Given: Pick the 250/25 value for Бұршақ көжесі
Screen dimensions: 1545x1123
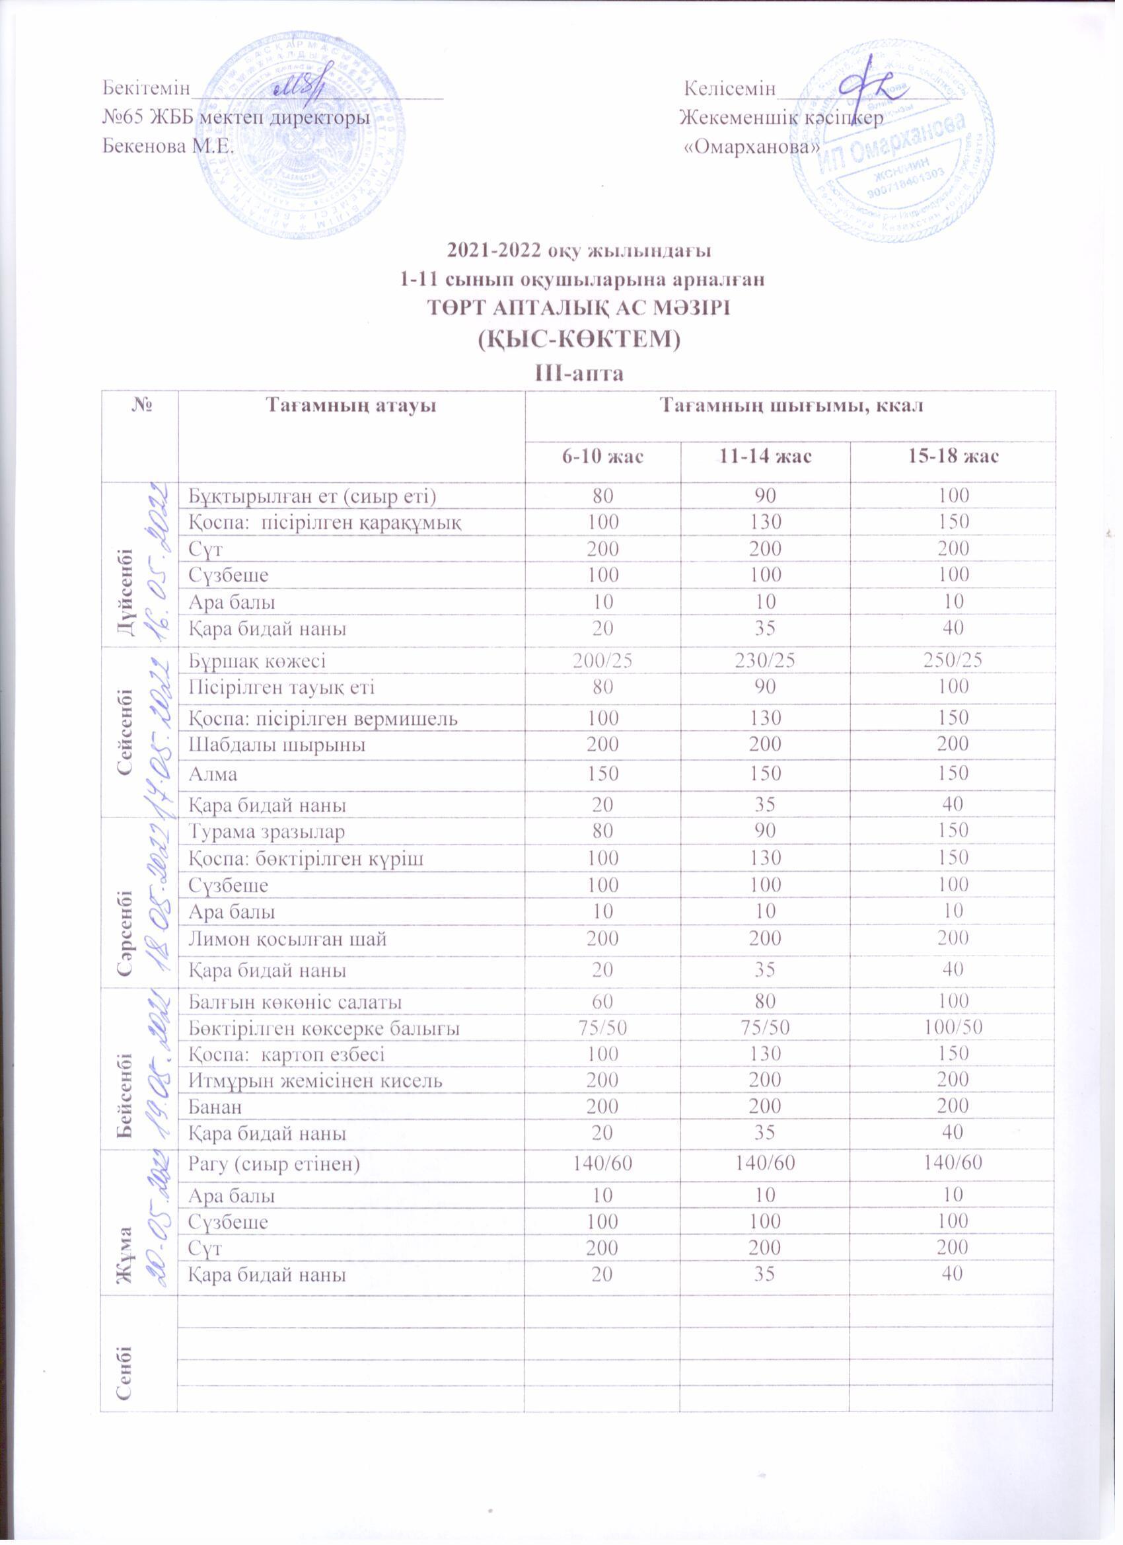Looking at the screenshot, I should pos(951,659).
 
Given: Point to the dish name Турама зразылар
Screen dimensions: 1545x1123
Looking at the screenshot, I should pos(266,832).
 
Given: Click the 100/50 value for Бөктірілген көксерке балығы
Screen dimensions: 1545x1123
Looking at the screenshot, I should pos(951,1028).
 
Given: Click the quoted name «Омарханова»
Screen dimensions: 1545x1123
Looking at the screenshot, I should pos(750,147).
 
